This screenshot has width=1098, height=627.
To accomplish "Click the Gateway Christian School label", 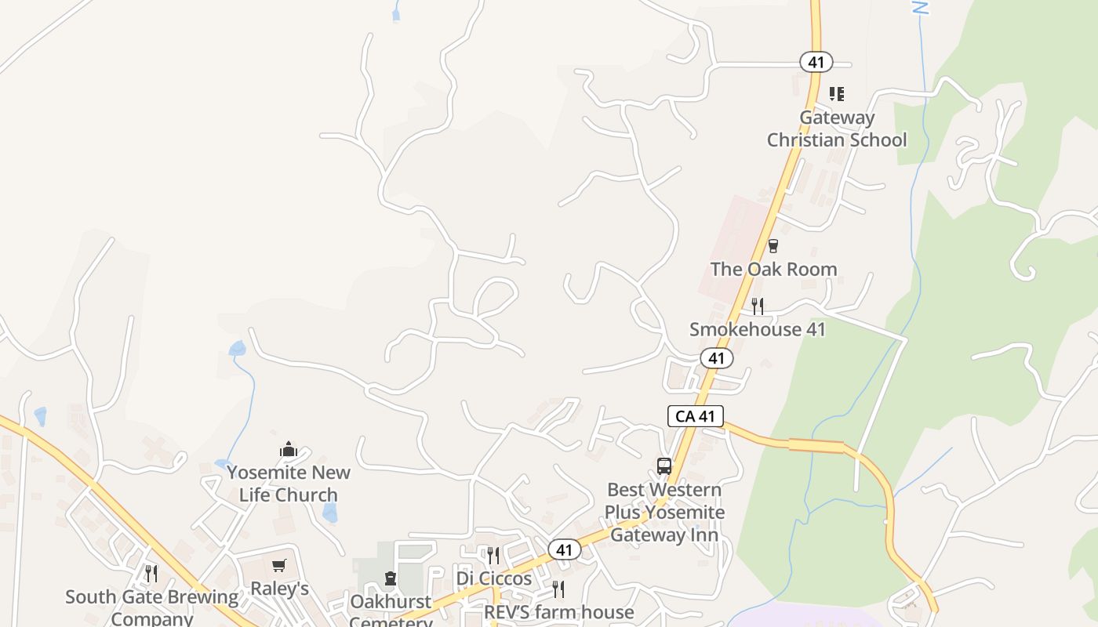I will coord(837,129).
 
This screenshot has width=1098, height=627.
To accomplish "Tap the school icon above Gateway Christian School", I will coord(837,94).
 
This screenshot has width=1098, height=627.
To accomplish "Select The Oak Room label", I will coord(773,269).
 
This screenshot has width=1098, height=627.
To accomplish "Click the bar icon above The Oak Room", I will coord(773,246).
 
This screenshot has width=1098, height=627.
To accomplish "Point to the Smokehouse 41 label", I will coord(758,329).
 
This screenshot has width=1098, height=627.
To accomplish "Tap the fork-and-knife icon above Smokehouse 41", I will coord(757,306).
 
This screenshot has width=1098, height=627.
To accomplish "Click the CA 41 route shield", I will coord(695,416).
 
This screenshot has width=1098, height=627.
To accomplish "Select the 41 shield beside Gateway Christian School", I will coord(816,61).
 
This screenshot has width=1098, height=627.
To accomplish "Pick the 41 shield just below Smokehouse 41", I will coord(716,358).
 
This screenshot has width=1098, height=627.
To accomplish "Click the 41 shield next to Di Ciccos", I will coord(564,550).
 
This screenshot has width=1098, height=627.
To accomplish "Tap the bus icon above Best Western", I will coord(664,466).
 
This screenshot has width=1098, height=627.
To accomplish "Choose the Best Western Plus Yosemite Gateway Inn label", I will coord(664,513).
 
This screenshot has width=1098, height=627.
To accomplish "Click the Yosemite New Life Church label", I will coord(289,484).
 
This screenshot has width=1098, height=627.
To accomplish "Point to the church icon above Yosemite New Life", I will coord(289,450).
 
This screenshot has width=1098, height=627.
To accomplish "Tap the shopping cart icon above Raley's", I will coord(278,565).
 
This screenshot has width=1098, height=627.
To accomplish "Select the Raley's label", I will coord(279,589).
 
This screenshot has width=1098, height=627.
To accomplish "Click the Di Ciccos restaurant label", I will coord(494,579).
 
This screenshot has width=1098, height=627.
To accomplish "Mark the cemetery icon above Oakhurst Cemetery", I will coord(390,578).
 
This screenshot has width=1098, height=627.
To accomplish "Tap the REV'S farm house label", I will coord(558,612).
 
